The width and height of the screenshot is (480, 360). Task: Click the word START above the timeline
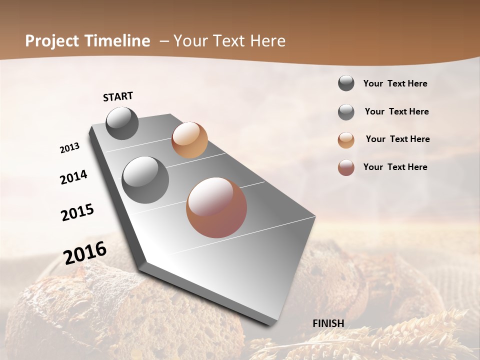pos(118,96)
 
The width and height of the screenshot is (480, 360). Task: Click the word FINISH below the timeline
pos(328,323)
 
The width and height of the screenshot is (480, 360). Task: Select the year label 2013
pos(69,148)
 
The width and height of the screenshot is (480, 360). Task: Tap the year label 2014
pos(73,177)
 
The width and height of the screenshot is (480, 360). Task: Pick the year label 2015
pos(77,212)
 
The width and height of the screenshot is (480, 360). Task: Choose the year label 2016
pos(85,253)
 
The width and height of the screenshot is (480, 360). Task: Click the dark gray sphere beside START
pos(122,123)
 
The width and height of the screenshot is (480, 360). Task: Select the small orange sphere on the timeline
pos(189,140)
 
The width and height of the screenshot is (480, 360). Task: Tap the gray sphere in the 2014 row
pos(145,180)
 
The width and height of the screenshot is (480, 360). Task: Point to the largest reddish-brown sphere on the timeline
pos(216,207)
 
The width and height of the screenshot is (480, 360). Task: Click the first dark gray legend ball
pos(346,83)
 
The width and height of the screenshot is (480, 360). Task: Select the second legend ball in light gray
pos(346,112)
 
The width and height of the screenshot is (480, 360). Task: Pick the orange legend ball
pos(346,140)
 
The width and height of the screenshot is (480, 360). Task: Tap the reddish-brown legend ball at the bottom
pos(346,168)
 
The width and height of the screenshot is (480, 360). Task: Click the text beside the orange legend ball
pos(397,139)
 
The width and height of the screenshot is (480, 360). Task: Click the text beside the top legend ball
pos(395,83)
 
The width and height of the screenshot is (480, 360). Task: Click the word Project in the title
pos(51,41)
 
